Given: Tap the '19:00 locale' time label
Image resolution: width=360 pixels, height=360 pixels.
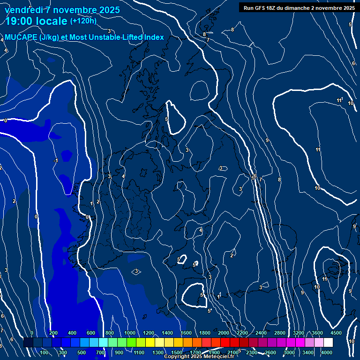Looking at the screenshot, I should pyautogui.click(x=37, y=21).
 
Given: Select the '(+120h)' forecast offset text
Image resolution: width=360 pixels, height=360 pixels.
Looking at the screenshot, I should pyautogui.click(x=83, y=21).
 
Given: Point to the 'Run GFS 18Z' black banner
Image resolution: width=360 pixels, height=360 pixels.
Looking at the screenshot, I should pyautogui.click(x=299, y=8).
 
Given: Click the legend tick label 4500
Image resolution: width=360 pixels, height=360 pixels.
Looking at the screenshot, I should pyautogui.click(x=336, y=333).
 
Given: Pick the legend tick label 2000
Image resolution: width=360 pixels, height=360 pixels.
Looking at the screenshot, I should pyautogui.click(x=224, y=333).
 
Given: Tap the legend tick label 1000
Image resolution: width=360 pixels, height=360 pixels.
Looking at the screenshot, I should pyautogui.click(x=129, y=333).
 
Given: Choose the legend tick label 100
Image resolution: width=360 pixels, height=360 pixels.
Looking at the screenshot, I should pyautogui.click(x=45, y=352).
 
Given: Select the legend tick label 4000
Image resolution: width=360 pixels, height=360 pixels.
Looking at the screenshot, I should pyautogui.click(x=327, y=352).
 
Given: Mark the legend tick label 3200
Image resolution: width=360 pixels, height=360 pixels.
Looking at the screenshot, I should pyautogui.click(x=299, y=333).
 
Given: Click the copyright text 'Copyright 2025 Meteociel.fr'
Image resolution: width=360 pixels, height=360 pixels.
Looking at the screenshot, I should pyautogui.click(x=199, y=357).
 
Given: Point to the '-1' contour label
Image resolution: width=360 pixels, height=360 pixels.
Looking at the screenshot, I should pyautogui.click(x=55, y=161).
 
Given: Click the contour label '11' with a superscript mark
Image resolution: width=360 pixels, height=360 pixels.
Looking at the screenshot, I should pyautogui.click(x=339, y=101).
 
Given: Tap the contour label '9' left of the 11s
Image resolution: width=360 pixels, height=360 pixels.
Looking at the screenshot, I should pyautogui.click(x=267, y=141).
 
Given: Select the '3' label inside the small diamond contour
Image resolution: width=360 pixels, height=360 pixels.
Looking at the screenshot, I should pyautogui.click(x=136, y=271).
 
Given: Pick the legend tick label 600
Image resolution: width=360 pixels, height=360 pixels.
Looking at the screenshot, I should pyautogui.click(x=91, y=333).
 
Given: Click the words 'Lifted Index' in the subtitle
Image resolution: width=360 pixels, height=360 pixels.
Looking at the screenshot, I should pyautogui.click(x=142, y=37).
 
